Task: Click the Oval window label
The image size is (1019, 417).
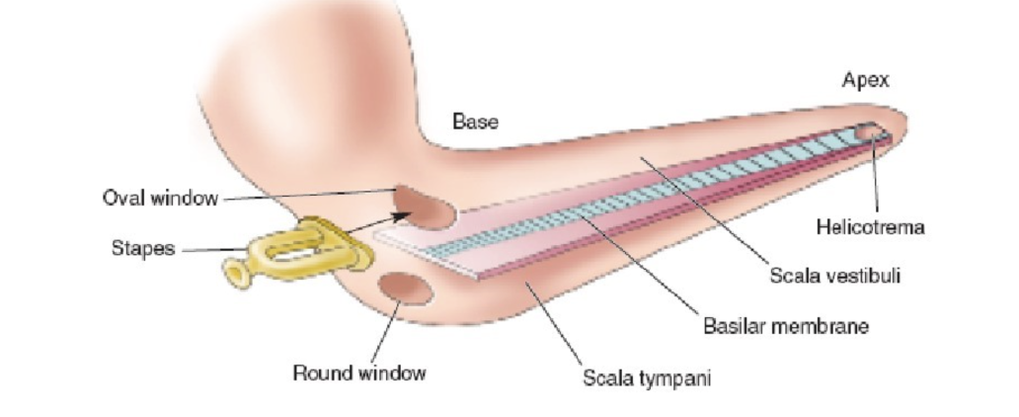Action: tap(160, 198)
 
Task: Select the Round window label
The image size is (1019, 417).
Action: tap(359, 373)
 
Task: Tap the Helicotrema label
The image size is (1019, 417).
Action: tap(870, 227)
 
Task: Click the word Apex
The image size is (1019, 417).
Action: tap(865, 80)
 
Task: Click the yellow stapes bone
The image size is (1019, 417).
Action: tap(296, 252)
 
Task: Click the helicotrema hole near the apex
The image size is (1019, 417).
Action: tap(868, 130)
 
